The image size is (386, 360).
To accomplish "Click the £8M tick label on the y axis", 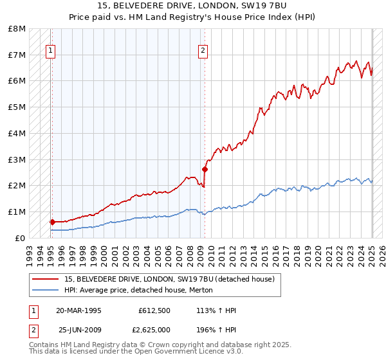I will point(17,29).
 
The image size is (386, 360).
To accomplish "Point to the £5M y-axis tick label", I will point(17,107).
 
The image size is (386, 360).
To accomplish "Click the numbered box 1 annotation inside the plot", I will point(50,51).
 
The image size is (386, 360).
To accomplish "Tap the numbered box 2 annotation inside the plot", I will point(203,51).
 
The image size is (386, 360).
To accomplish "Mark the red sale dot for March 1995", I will point(52,222).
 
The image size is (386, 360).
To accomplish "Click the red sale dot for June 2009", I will point(205,169).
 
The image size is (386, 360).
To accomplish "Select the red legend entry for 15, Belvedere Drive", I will point(169,279).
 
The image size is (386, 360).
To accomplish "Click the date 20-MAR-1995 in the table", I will point(78,311).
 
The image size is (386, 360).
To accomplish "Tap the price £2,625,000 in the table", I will point(151,330).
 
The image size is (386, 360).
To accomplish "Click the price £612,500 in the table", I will point(154,311).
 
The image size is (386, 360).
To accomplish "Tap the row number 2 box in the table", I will point(33,330).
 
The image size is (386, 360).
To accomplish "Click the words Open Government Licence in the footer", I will point(186,351).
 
